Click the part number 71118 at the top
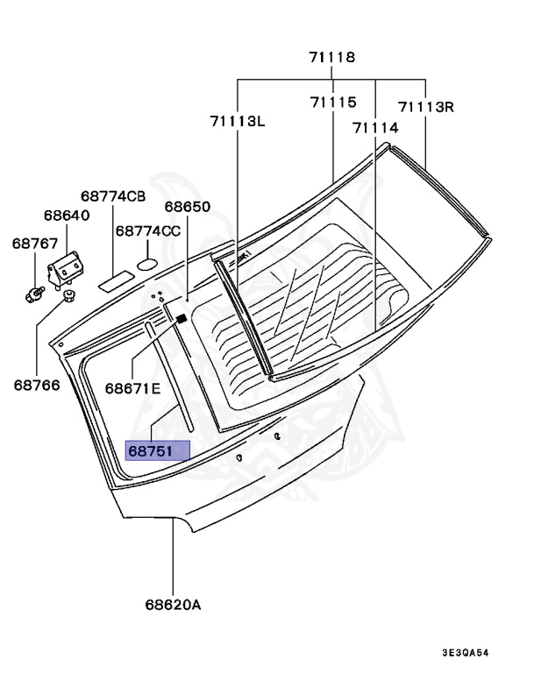tap(331, 58)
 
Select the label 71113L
tap(237, 121)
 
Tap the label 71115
tap(332, 103)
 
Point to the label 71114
tap(375, 127)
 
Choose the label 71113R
tap(425, 107)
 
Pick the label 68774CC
tap(148, 231)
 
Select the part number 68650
tap(188, 207)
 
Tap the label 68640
tap(67, 215)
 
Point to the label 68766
tap(36, 383)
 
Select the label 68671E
tap(132, 387)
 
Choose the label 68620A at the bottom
tap(173, 605)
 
